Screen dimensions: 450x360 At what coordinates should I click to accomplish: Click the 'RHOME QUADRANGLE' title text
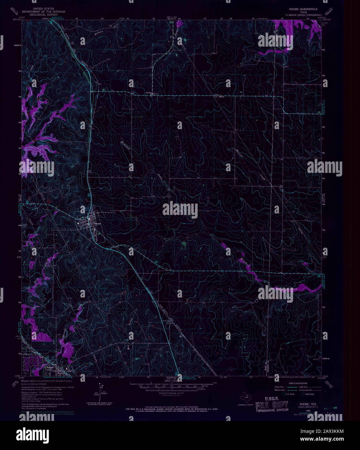pyautogui.click(x=301, y=9)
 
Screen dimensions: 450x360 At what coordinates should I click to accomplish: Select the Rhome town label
pyautogui.click(x=97, y=224)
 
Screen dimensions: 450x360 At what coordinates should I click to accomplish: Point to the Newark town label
pyautogui.click(x=49, y=367)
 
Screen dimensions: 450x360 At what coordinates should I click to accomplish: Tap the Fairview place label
pyautogui.click(x=149, y=93)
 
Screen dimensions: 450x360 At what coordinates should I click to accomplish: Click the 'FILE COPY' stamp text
pyautogui.click(x=272, y=405)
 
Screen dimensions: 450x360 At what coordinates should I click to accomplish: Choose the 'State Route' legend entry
pyautogui.click(x=310, y=394)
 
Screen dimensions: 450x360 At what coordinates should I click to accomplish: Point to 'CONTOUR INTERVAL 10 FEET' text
pyautogui.click(x=167, y=393)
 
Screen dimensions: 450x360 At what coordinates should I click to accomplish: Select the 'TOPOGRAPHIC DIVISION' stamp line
pyautogui.click(x=272, y=410)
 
